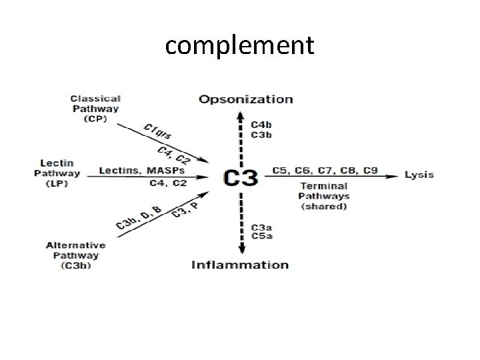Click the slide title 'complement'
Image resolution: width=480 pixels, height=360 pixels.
click(239, 45)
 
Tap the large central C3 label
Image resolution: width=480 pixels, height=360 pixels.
click(241, 177)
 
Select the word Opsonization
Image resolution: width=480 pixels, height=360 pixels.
click(245, 99)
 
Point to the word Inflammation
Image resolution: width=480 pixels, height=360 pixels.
click(240, 265)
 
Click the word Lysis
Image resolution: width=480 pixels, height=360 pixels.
click(419, 175)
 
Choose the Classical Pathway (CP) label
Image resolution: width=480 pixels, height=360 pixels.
click(95, 109)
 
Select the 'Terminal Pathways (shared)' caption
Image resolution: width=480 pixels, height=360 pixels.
click(324, 196)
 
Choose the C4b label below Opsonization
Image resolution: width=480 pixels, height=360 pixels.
click(261, 124)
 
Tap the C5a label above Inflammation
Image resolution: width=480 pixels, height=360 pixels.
click(261, 235)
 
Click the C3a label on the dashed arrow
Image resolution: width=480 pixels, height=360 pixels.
click(261, 227)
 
